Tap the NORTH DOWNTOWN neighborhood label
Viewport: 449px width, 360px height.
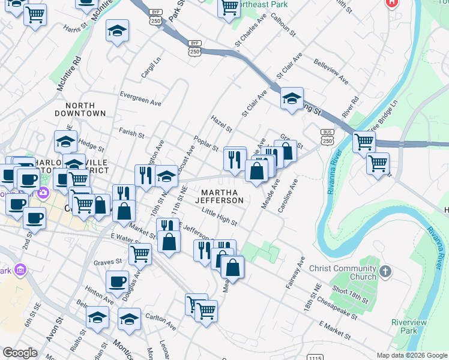80,109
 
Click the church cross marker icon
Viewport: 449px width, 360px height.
385,272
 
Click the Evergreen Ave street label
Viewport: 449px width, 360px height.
140,99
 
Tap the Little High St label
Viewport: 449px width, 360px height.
219,216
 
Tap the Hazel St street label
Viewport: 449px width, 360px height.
221,124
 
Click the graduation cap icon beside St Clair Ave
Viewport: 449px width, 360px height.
291,99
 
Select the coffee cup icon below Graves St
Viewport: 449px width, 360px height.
117,281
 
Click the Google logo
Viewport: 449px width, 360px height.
20,353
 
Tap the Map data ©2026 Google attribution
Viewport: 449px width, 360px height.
411,355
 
